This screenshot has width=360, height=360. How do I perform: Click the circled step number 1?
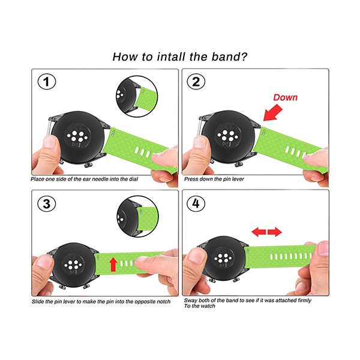47,82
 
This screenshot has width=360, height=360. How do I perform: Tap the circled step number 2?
196,82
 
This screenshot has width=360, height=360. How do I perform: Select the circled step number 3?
47,203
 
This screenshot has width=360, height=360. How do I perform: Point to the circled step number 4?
196,203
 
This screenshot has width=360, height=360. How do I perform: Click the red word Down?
286,97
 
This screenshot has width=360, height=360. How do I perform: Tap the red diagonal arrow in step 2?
273,113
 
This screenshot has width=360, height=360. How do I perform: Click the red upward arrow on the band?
113,264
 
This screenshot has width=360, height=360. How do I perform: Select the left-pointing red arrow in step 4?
259,232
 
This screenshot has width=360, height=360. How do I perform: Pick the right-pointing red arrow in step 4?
275,232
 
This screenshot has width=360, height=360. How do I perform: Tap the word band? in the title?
229,57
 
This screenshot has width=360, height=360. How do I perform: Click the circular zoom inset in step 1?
137,97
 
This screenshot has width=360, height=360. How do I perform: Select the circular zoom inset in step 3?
137,216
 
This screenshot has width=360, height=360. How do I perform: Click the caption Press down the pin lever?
214,179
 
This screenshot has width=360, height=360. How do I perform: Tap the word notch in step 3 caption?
163,301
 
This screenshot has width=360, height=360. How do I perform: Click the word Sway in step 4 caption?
190,301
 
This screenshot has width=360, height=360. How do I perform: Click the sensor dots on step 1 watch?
77,136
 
